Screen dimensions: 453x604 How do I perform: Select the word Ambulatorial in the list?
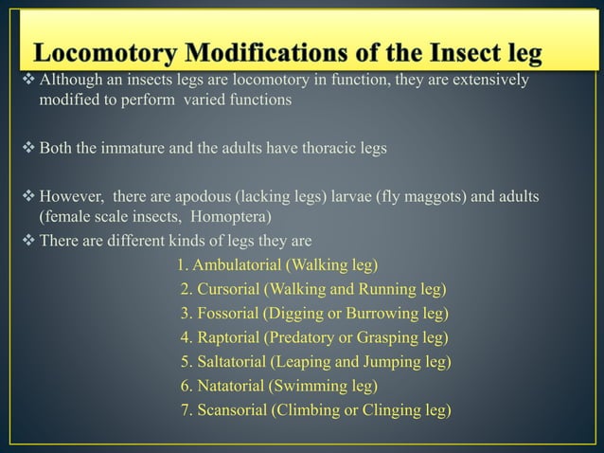[239, 263]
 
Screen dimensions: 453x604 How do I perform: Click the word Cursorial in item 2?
[230, 289]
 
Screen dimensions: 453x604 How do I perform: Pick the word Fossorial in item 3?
[231, 313]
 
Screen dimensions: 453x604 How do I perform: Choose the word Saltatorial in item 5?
[234, 361]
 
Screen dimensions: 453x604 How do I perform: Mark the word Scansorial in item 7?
[233, 410]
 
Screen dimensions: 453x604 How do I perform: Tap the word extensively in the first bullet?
[488, 82]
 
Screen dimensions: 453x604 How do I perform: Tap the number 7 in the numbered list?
[186, 410]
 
